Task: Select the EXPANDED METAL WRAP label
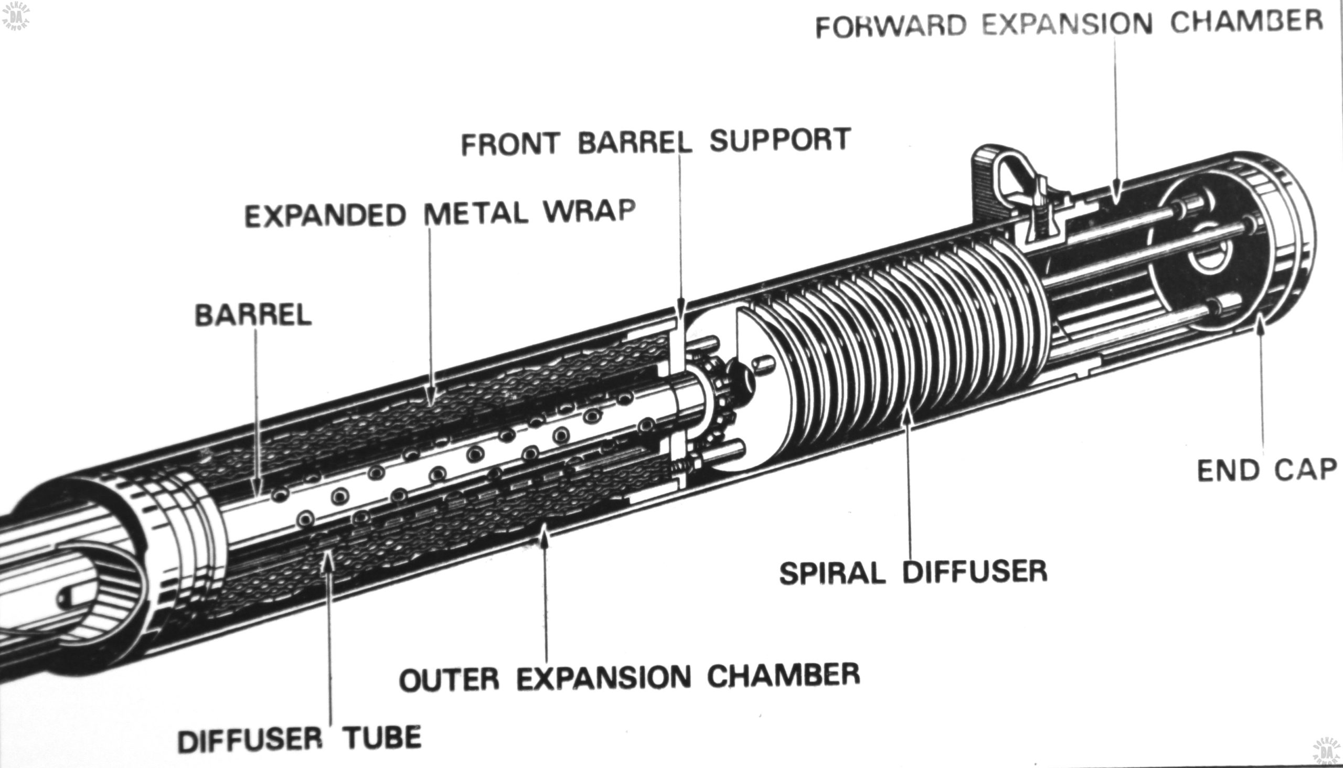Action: pos(440,213)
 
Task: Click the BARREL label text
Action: pos(253,315)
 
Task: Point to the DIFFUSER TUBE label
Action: pos(300,739)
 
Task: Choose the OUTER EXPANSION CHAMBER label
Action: pos(630,677)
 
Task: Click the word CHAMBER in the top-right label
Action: pos(1247,21)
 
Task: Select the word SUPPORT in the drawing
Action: pos(780,139)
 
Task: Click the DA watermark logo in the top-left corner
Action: pos(16,16)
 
